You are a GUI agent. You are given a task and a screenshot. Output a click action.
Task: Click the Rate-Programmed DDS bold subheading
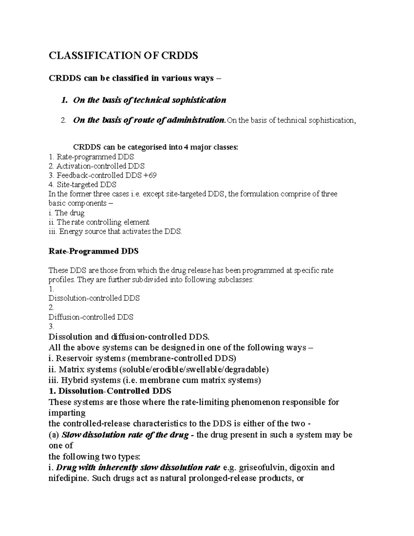(x=93, y=251)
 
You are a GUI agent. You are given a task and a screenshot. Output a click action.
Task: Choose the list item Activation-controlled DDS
(x=100, y=166)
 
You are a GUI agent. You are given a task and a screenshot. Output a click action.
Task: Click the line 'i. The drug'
(x=67, y=213)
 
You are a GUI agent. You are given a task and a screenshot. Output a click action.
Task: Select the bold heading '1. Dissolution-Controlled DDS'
(x=110, y=391)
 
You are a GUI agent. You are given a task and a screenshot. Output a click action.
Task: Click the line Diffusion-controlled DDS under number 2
(x=91, y=317)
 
